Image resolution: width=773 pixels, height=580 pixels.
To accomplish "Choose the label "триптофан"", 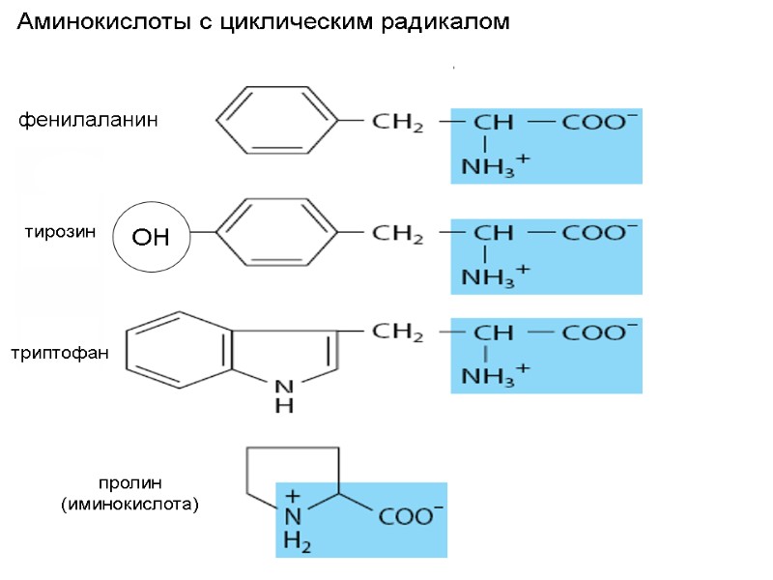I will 61,355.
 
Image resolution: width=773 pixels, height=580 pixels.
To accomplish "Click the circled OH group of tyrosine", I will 150,236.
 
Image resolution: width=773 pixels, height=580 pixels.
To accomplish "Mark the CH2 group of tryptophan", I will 397,333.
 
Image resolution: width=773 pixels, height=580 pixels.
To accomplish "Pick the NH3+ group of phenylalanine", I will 495,165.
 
